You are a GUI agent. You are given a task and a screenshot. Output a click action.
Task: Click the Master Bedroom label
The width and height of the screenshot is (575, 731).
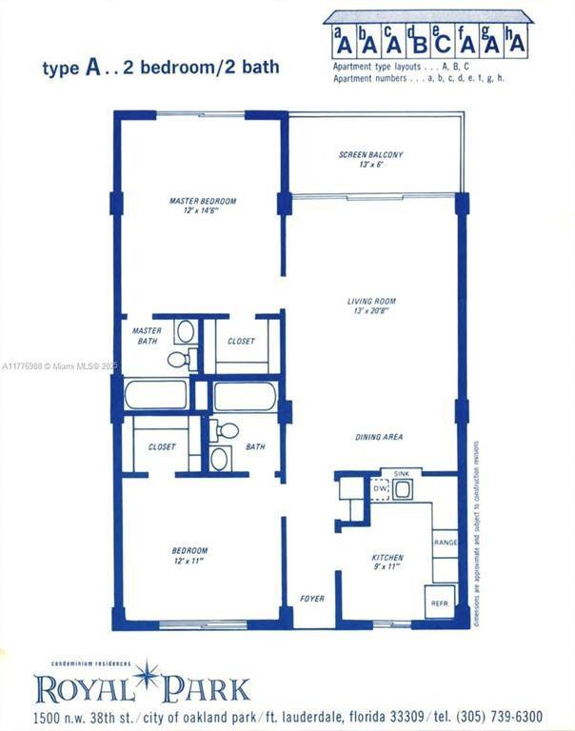pyautogui.click(x=202, y=201)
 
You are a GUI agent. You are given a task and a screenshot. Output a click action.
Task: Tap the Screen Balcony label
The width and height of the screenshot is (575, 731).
pyautogui.click(x=370, y=154)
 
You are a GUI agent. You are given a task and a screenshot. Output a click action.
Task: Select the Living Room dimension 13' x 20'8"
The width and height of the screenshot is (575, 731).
pyautogui.click(x=370, y=312)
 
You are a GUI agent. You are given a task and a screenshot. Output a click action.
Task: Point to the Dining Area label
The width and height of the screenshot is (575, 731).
pyautogui.click(x=379, y=437)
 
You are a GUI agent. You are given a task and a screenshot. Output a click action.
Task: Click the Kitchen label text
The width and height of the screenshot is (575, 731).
pyautogui.click(x=387, y=558)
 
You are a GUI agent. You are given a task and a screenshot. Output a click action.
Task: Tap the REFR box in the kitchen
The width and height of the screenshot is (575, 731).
pyautogui.click(x=440, y=602)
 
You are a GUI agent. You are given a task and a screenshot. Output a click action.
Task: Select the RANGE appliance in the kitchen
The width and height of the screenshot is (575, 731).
pyautogui.click(x=445, y=543)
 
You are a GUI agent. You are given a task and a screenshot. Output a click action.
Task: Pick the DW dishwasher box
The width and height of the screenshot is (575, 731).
pyautogui.click(x=380, y=489)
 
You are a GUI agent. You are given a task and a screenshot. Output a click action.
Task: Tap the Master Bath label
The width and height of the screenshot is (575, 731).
pyautogui.click(x=147, y=336)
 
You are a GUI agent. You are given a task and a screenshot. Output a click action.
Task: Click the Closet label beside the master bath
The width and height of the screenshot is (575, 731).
pyautogui.click(x=241, y=341)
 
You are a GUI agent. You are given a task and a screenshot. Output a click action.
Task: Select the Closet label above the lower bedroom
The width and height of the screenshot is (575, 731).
pyautogui.click(x=162, y=446)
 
